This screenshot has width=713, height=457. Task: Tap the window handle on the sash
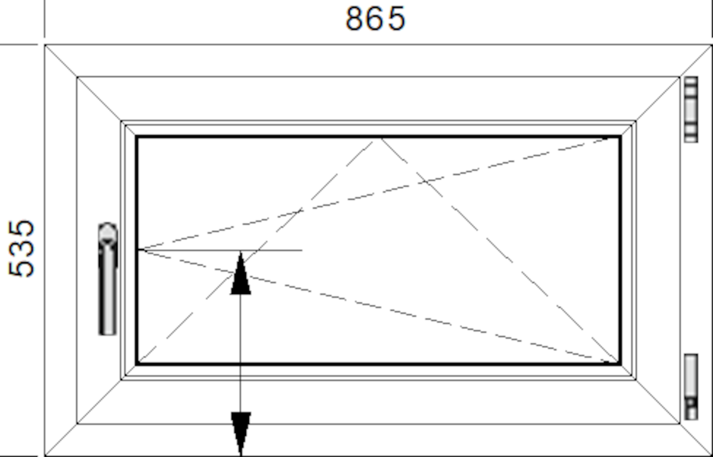(x=108, y=279)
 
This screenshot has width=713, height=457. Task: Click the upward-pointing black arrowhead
(x=241, y=273)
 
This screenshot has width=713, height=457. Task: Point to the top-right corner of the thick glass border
(x=620, y=137)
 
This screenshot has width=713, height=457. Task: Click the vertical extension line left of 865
(x=45, y=19)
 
